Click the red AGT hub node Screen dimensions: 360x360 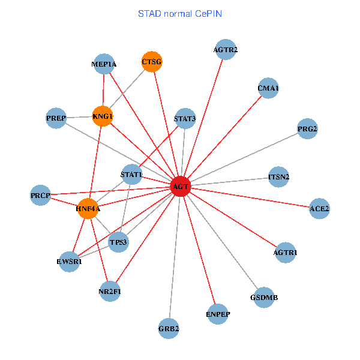pos(181,187)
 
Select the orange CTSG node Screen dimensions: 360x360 pos(152,61)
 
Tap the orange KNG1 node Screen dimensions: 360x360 pos(103,116)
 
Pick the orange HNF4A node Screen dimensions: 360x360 pos(88,209)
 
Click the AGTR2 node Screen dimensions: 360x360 pos(226,49)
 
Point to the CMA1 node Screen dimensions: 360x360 pos(268,88)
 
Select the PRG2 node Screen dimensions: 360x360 pos(307,128)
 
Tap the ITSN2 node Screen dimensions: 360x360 pos(278,177)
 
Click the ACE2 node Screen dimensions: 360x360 pos(319,208)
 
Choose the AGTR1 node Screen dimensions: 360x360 pos(285,253)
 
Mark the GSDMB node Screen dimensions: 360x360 pos(264,298)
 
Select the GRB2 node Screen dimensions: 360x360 pos(169,328)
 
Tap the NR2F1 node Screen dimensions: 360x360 pos(110,292)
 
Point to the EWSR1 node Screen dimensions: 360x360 pos(70,262)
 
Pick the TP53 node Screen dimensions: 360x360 pos(118,242)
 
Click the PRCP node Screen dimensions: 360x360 pos(41,196)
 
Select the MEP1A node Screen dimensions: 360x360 pos(104,64)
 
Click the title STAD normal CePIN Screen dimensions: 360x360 pos(180,13)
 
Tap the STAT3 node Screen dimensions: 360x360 pos(185,118)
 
